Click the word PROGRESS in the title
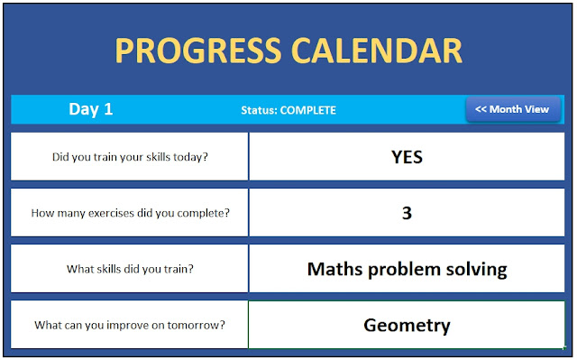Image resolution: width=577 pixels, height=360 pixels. click(198, 51)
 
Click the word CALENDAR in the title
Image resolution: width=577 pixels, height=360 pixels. click(377, 51)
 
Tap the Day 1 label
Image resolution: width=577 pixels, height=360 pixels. click(90, 109)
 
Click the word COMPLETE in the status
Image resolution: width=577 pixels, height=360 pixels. click(307, 110)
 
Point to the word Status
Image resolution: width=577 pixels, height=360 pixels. click(259, 110)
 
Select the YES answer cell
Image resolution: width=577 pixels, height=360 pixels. click(407, 157)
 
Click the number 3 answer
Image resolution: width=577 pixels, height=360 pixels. click(407, 213)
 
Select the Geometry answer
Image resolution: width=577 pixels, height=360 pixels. click(407, 326)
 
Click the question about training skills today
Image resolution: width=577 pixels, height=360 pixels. click(130, 157)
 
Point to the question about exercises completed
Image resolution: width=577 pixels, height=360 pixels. click(130, 213)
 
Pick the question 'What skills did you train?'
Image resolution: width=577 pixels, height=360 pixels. click(130, 269)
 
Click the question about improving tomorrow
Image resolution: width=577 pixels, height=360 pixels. click(130, 325)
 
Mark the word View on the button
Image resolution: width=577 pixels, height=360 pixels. click(537, 109)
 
